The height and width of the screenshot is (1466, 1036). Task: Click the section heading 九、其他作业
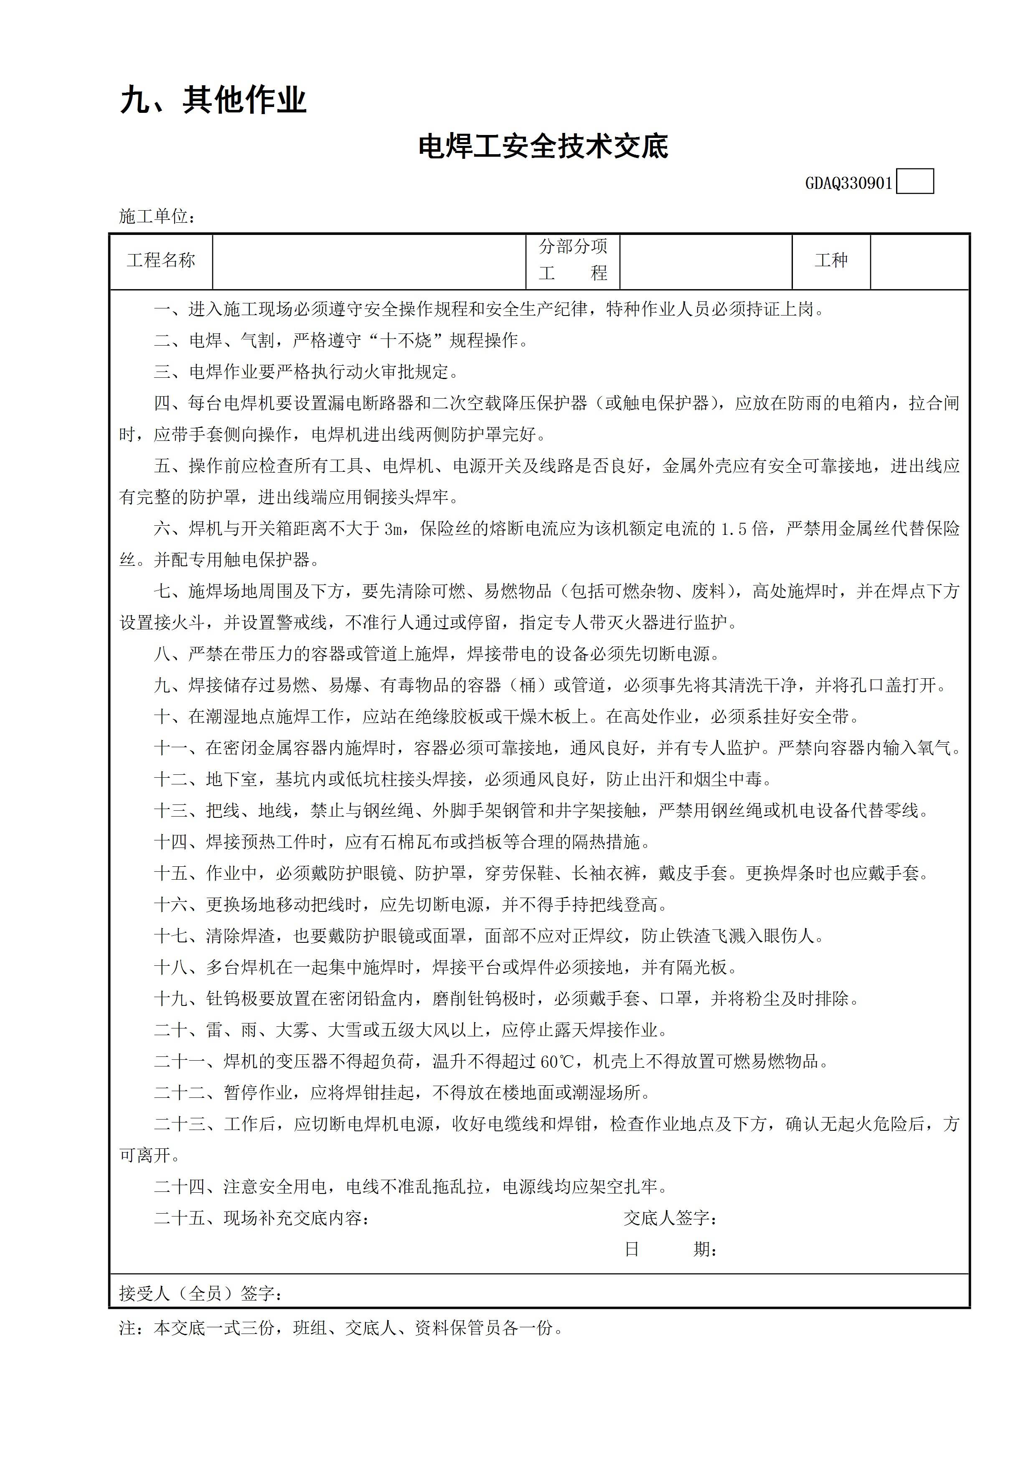coord(213,101)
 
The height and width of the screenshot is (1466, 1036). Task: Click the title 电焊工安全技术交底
coord(543,147)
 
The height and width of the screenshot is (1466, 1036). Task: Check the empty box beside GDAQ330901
coord(915,181)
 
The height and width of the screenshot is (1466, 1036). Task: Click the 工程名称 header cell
coord(161,260)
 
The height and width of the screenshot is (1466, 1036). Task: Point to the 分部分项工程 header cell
coord(573,260)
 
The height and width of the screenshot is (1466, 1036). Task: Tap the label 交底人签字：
coord(670,1218)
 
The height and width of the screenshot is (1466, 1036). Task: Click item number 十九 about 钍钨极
coord(171,999)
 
